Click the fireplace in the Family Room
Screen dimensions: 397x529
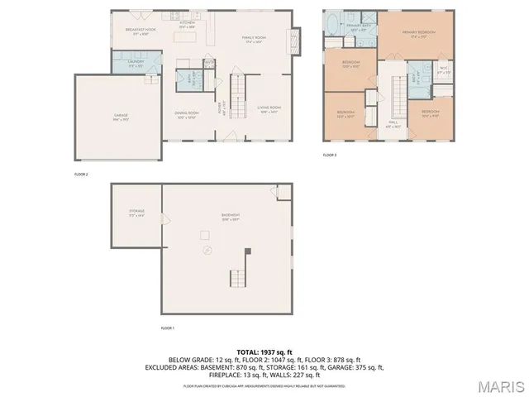290,40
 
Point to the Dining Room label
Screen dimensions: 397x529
186,114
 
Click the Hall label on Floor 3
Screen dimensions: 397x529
393,126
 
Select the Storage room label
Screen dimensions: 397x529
136,213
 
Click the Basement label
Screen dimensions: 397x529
230,218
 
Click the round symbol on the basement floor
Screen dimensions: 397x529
207,250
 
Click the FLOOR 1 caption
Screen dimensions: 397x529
167,328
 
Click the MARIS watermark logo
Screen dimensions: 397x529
500,385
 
